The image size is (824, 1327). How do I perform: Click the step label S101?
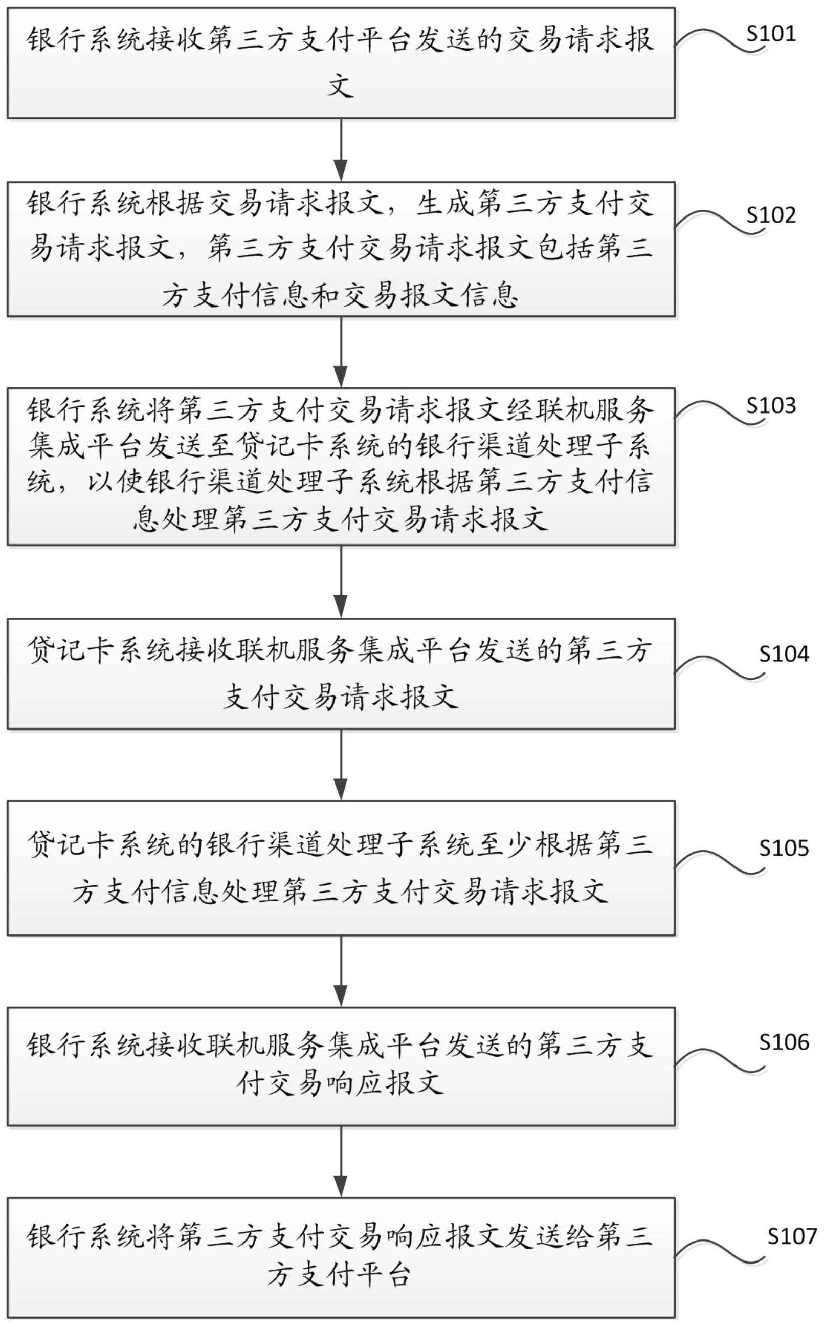tap(771, 34)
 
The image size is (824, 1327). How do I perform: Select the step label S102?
tap(771, 215)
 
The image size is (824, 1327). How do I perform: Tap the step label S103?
tap(771, 406)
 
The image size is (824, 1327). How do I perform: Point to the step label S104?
tap(784, 654)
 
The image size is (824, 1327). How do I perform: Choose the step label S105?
tap(784, 849)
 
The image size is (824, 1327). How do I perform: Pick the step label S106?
tap(784, 1042)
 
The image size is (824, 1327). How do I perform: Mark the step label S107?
tap(792, 1237)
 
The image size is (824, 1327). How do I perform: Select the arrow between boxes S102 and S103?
tap(341, 352)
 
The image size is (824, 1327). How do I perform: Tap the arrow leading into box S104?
tap(341, 581)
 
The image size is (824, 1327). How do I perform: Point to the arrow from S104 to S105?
tap(341, 765)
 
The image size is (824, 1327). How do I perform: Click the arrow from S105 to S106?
tap(341, 971)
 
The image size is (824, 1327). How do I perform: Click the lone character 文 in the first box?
tap(341, 85)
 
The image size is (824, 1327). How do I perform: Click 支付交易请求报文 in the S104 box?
tap(341, 696)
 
